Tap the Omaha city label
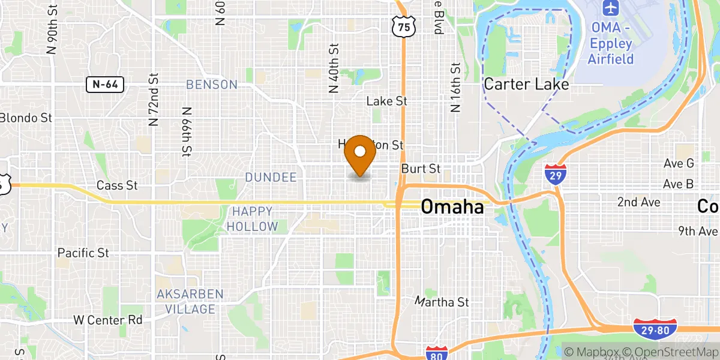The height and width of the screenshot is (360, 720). [x=452, y=207]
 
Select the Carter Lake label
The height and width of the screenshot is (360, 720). [x=526, y=84]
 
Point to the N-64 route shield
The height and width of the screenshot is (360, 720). [x=104, y=85]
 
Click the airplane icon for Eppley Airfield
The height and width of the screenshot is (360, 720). [x=610, y=9]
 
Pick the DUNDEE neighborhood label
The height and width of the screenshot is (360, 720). [x=271, y=177]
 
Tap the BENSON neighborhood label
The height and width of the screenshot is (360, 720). [x=212, y=85]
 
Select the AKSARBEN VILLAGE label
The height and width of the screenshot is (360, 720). [x=190, y=302]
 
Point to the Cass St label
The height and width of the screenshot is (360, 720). [x=118, y=186]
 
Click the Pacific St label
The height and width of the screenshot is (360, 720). [x=83, y=253]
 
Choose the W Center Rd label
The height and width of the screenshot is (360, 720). [x=108, y=320]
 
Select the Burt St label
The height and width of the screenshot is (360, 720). [x=421, y=169]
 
